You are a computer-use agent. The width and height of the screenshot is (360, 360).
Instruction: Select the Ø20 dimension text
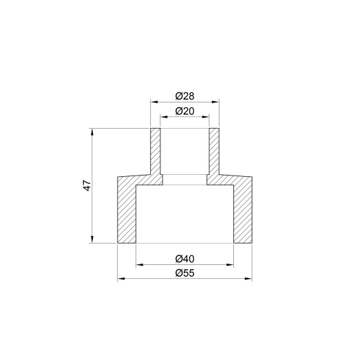click(x=184, y=110)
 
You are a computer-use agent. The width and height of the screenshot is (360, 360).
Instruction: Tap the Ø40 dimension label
click(x=184, y=258)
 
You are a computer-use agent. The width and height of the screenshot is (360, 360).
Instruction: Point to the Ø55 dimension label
click(x=184, y=273)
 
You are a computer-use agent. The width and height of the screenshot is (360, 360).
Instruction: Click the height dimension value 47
click(x=85, y=186)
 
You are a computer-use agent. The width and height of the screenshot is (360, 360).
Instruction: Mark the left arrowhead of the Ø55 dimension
click(x=120, y=279)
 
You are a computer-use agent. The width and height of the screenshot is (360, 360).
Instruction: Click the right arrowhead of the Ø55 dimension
click(x=249, y=279)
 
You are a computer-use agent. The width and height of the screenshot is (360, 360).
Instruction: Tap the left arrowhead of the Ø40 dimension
click(x=139, y=264)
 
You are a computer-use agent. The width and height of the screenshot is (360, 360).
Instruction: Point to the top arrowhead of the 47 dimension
click(x=92, y=131)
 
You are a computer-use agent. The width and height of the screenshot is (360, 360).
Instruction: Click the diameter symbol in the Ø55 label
click(x=178, y=273)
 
